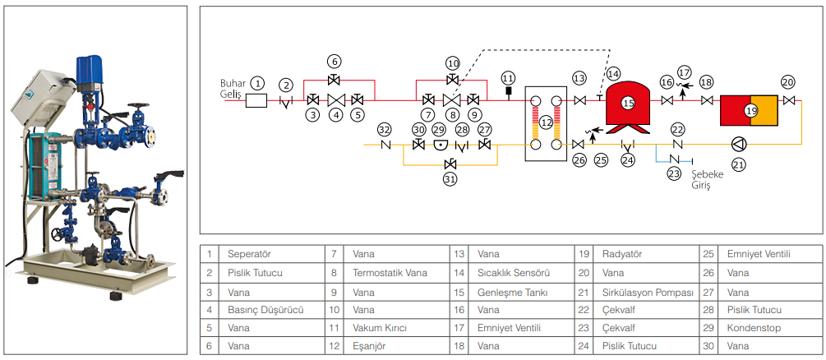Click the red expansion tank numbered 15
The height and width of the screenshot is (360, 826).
point(629,104)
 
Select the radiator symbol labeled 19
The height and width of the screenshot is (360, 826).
point(750,110)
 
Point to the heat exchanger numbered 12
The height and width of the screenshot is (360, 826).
point(545,122)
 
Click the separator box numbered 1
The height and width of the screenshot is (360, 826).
point(257,100)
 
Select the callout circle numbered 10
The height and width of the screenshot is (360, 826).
point(452,63)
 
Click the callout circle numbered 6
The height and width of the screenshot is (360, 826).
point(334,61)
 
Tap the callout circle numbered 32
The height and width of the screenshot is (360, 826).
point(384,129)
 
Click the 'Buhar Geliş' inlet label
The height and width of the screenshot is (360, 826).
point(233,89)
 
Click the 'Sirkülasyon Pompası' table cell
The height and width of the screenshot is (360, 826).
point(648,292)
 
